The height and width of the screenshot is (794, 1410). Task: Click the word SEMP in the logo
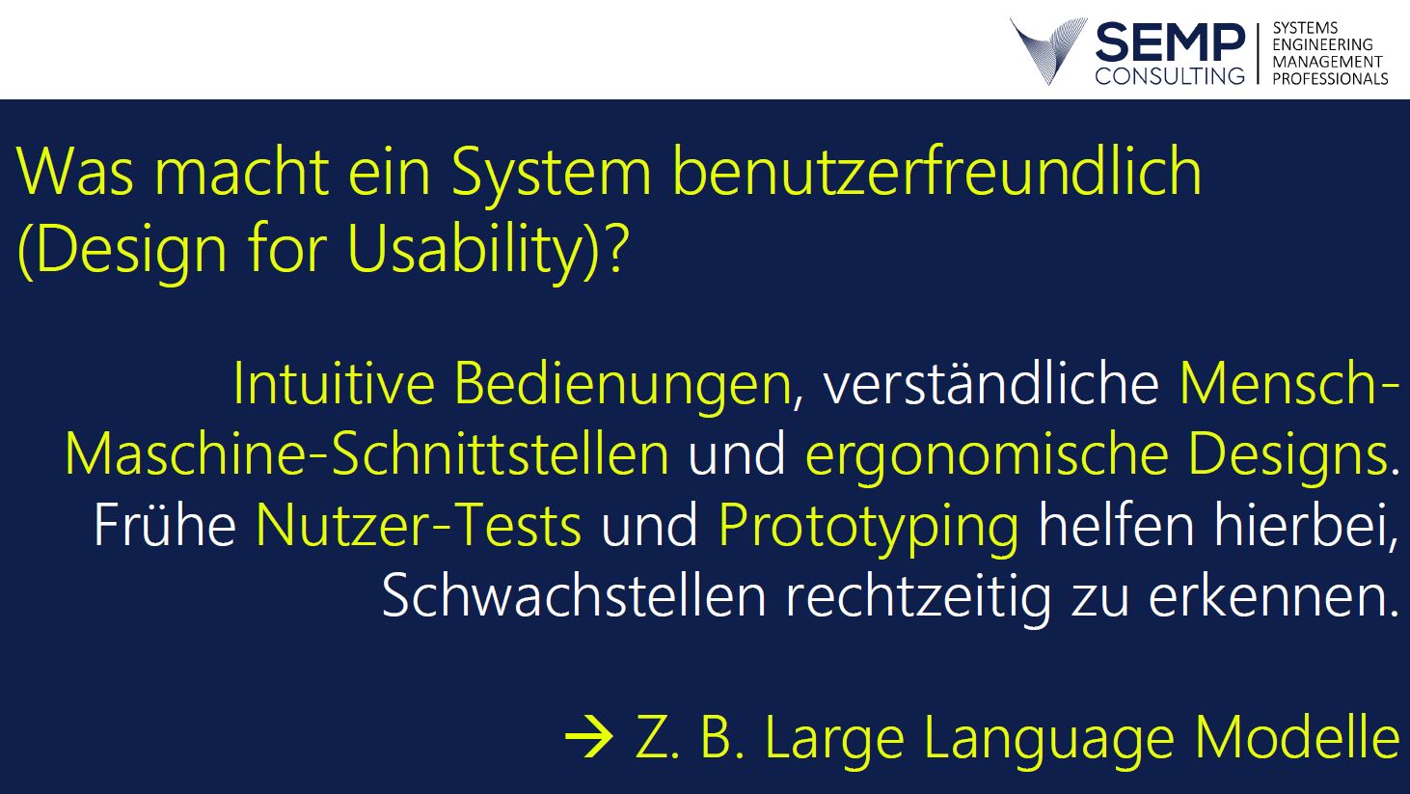tap(1170, 42)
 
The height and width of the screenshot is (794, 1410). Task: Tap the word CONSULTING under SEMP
tap(1170, 75)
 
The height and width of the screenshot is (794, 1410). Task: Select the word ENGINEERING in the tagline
tap(1322, 44)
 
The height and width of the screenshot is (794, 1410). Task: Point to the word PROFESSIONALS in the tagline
tap(1330, 79)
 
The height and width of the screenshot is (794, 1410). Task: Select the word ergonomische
tap(987, 457)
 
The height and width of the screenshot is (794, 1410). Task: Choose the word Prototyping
tap(868, 529)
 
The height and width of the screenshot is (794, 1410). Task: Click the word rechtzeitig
tap(918, 599)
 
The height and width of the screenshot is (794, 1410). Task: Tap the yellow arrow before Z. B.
tap(589, 736)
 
